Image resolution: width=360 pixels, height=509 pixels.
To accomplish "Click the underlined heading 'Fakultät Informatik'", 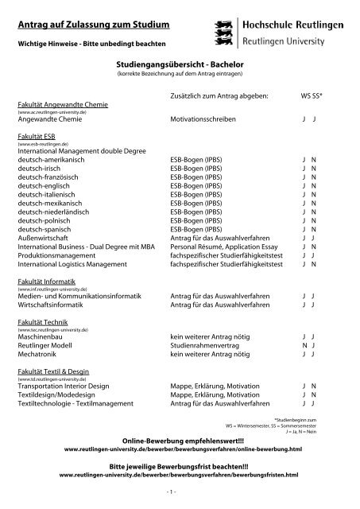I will pyautogui.click(x=48, y=283).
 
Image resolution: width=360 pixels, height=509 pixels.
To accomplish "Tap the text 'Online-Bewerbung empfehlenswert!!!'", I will pyautogui.click(x=179, y=440).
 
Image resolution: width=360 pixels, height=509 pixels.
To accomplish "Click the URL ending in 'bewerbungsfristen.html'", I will pyautogui.click(x=179, y=475).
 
